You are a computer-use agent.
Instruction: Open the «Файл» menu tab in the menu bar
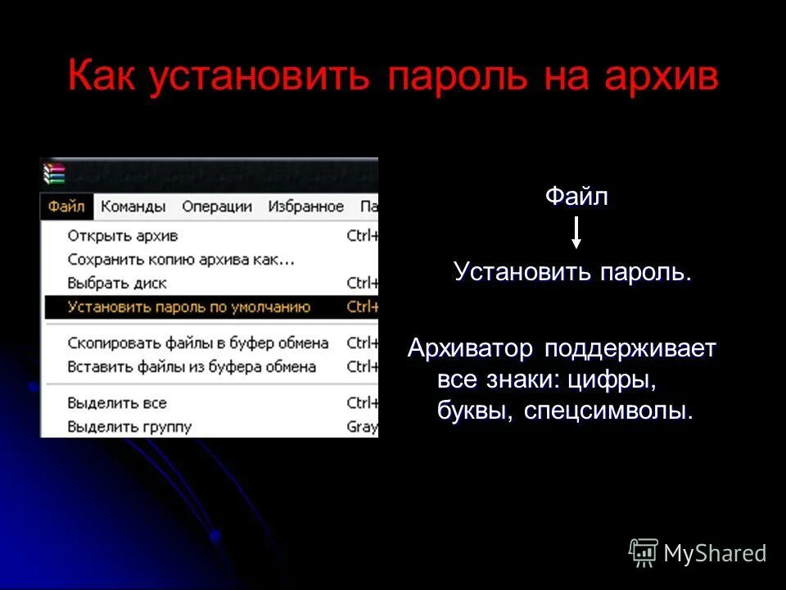66,206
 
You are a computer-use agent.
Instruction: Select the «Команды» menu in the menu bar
133,206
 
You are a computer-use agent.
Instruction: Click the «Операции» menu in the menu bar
217,206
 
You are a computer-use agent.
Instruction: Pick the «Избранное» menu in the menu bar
305,206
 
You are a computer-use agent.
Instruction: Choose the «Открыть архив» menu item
123,236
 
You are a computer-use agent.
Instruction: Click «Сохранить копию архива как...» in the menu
181,260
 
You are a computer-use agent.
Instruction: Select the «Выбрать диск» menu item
117,284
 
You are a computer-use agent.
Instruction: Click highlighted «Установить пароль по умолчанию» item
189,307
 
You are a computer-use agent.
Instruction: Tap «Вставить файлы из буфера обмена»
192,366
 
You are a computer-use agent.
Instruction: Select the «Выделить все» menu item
117,403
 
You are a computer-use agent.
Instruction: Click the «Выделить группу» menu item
129,427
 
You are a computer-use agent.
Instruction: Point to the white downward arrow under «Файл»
576,233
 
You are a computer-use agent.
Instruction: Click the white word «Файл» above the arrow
576,198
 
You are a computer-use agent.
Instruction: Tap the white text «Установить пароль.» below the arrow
573,272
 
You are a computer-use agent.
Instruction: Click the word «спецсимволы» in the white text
605,411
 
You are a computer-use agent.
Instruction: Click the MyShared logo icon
644,552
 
